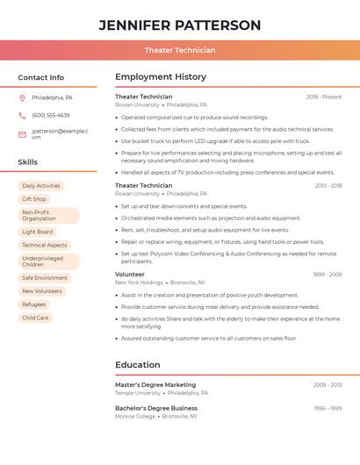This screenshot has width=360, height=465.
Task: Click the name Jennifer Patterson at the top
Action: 179,25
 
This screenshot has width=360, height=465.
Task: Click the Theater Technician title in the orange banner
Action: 179,50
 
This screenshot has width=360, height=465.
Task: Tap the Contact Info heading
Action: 41,77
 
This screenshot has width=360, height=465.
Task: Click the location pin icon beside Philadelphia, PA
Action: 22,97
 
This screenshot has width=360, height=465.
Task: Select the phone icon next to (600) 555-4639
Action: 22,115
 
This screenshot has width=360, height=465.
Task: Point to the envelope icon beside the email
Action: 22,133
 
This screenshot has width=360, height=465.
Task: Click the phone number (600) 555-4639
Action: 51,115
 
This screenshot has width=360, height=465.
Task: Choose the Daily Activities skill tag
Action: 41,186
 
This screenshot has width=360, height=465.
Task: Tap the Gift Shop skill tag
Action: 34,199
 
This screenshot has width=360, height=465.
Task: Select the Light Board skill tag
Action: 37,232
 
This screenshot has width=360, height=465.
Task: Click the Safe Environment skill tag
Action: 45,278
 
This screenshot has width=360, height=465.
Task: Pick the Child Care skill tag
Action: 35,318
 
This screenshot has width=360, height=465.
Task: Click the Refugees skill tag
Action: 34,304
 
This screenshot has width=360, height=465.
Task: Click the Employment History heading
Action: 161,77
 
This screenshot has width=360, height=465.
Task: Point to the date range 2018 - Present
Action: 324,97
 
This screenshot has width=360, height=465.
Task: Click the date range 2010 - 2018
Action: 328,186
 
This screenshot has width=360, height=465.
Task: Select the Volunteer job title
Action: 130,275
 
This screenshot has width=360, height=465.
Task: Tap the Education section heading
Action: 138,365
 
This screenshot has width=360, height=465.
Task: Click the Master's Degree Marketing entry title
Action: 155,385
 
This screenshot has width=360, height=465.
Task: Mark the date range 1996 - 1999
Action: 328,408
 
